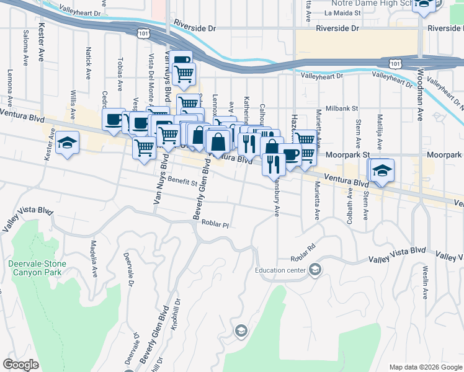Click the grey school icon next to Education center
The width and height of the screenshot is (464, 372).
315,268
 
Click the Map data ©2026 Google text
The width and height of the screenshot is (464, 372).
425,367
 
